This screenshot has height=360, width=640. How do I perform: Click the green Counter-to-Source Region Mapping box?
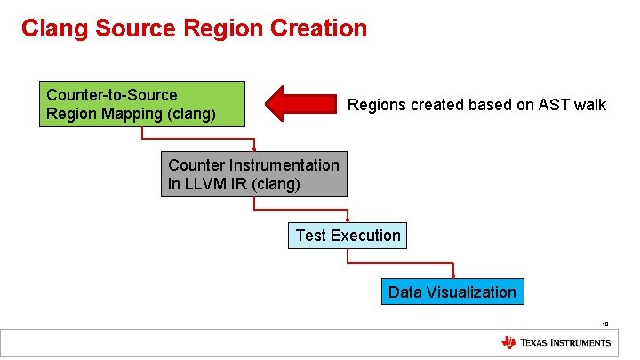pyautogui.click(x=141, y=104)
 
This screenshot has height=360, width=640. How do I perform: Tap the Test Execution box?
pyautogui.click(x=348, y=236)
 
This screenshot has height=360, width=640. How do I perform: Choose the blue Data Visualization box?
pyautogui.click(x=452, y=292)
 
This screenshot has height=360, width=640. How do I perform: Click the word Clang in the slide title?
pyautogui.click(x=52, y=28)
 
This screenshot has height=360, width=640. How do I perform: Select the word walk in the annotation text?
pyautogui.click(x=589, y=105)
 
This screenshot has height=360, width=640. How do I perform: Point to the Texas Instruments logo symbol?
pyautogui.click(x=508, y=343)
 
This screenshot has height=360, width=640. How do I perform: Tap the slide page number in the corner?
pyautogui.click(x=604, y=324)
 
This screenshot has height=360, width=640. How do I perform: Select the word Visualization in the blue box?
pyautogui.click(x=470, y=292)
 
